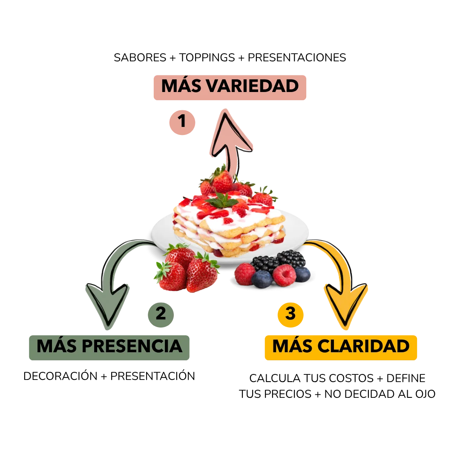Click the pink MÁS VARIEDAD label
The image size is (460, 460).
point(230,87)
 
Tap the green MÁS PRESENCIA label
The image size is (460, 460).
point(109,348)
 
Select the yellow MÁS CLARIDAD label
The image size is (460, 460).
point(341,348)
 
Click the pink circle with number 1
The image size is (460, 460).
point(182,122)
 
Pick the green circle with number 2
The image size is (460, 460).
point(161,315)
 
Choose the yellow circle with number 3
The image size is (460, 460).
point(290,315)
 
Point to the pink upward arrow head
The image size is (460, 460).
point(231,132)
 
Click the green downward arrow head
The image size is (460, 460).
point(108,305)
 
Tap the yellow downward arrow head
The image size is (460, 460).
point(345,305)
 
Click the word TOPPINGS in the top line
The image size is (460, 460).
point(207,57)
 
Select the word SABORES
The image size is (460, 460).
point(140,57)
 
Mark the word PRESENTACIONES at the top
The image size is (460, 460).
point(297,57)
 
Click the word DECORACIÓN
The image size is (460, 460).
point(60,376)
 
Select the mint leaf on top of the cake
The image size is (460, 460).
point(222,201)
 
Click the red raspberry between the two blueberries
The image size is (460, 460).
point(284,275)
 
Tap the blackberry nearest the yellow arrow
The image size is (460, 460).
point(291,259)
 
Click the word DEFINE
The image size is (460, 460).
point(406,378)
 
